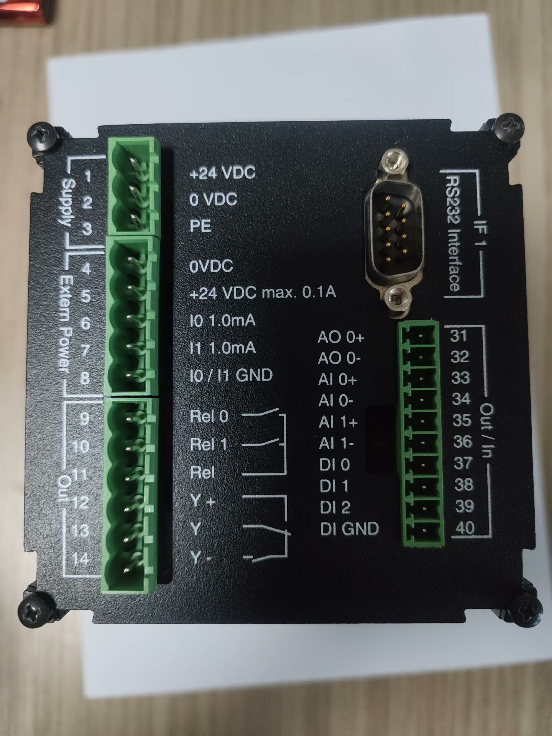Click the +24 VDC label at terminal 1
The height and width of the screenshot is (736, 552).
(x=222, y=172)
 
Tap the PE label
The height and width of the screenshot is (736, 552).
(x=200, y=226)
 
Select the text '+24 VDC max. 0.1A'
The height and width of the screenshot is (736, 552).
(x=263, y=293)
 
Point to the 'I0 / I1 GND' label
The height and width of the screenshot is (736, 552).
(x=231, y=375)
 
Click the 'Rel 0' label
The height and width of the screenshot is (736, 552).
(x=209, y=417)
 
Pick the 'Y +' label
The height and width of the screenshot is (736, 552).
(x=202, y=500)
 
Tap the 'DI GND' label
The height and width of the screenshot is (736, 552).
(x=349, y=529)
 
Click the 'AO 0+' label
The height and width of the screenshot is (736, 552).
(x=341, y=338)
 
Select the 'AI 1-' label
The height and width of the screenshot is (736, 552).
(x=336, y=444)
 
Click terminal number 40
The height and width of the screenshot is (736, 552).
(x=465, y=528)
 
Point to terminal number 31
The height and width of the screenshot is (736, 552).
(x=458, y=336)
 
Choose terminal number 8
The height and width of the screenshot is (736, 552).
(x=84, y=378)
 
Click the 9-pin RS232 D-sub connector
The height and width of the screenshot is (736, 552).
(x=394, y=235)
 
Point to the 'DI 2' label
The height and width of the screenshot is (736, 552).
(x=335, y=507)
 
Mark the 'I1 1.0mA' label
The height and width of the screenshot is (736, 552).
(x=223, y=348)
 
